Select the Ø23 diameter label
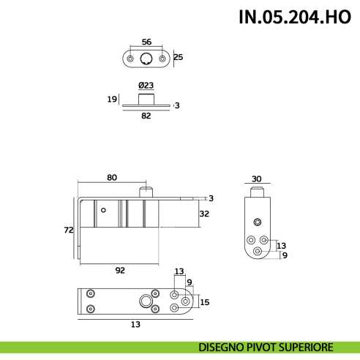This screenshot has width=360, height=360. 146,85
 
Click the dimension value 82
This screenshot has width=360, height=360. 146,116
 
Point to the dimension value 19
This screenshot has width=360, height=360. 111,99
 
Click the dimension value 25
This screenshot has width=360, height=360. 179,57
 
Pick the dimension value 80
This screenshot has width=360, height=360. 112,178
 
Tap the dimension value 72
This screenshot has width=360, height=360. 68,229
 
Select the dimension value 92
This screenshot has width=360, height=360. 120,270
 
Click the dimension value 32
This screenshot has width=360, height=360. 204,214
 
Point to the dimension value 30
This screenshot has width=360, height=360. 256,178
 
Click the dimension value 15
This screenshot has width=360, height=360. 205,301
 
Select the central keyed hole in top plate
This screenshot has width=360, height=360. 147,59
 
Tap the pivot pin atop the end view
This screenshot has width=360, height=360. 258,192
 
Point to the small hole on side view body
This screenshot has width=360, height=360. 104,211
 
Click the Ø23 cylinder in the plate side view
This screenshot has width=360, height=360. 146,98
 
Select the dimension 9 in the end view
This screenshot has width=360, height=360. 284,255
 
